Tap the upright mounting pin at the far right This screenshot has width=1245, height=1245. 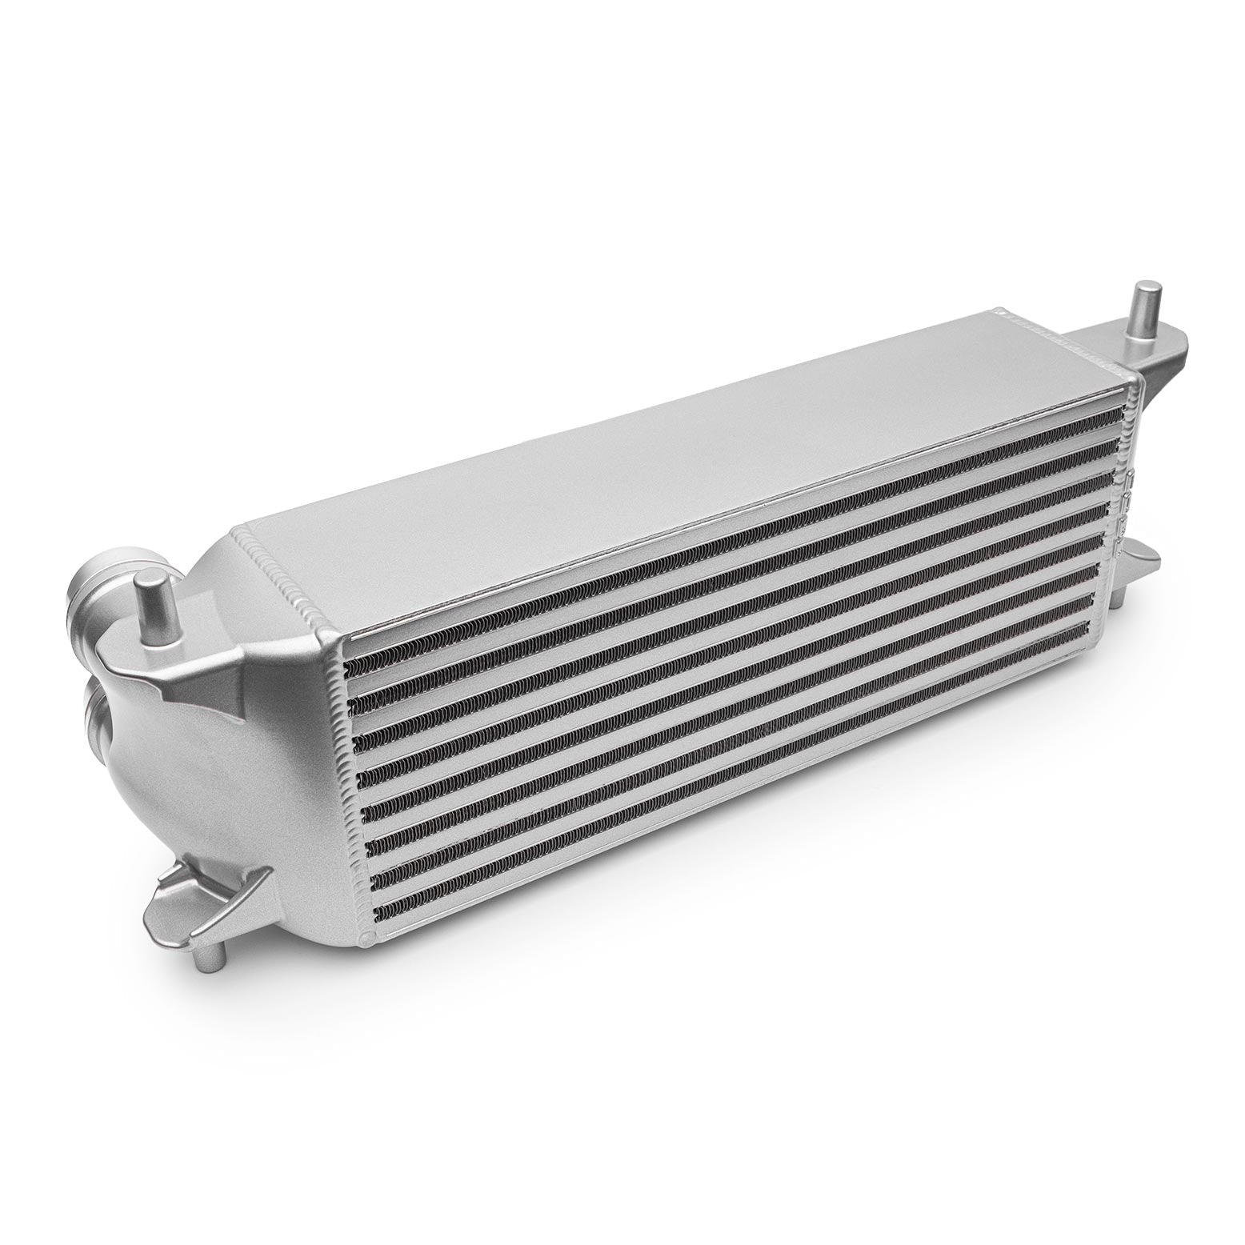(x=1147, y=308)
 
